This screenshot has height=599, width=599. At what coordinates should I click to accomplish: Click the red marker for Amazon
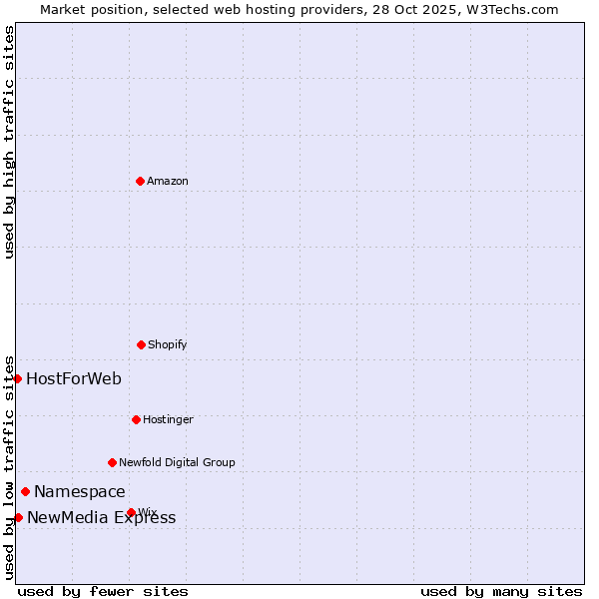(x=140, y=181)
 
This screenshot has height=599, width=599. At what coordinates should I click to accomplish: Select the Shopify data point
(x=141, y=344)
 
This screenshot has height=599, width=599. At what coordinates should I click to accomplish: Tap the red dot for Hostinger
(x=136, y=419)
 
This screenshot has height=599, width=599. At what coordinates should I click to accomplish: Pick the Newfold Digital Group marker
(x=112, y=462)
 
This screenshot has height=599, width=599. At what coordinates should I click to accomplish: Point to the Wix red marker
(x=131, y=512)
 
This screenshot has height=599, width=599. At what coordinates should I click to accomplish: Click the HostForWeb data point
(x=17, y=378)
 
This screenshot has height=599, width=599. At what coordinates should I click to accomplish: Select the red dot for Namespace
(x=25, y=491)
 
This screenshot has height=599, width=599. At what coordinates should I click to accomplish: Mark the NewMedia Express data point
(x=18, y=517)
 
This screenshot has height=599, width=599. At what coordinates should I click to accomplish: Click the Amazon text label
(x=168, y=181)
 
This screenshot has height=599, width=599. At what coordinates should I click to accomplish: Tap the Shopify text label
(x=168, y=344)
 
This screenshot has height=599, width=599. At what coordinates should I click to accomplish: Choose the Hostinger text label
(x=168, y=419)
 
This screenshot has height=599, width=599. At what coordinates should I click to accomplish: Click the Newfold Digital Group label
(x=178, y=462)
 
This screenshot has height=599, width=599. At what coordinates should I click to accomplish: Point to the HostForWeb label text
(x=74, y=378)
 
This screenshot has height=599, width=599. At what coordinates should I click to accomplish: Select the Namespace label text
(x=80, y=491)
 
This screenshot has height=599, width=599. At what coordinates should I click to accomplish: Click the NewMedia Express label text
(x=102, y=517)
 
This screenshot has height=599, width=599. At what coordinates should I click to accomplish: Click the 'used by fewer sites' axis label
(x=103, y=591)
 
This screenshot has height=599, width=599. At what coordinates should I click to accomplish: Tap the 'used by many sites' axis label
(x=501, y=591)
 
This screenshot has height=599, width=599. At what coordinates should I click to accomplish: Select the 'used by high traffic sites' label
(x=9, y=142)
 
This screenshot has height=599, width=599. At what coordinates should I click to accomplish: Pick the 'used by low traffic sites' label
(x=9, y=467)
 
